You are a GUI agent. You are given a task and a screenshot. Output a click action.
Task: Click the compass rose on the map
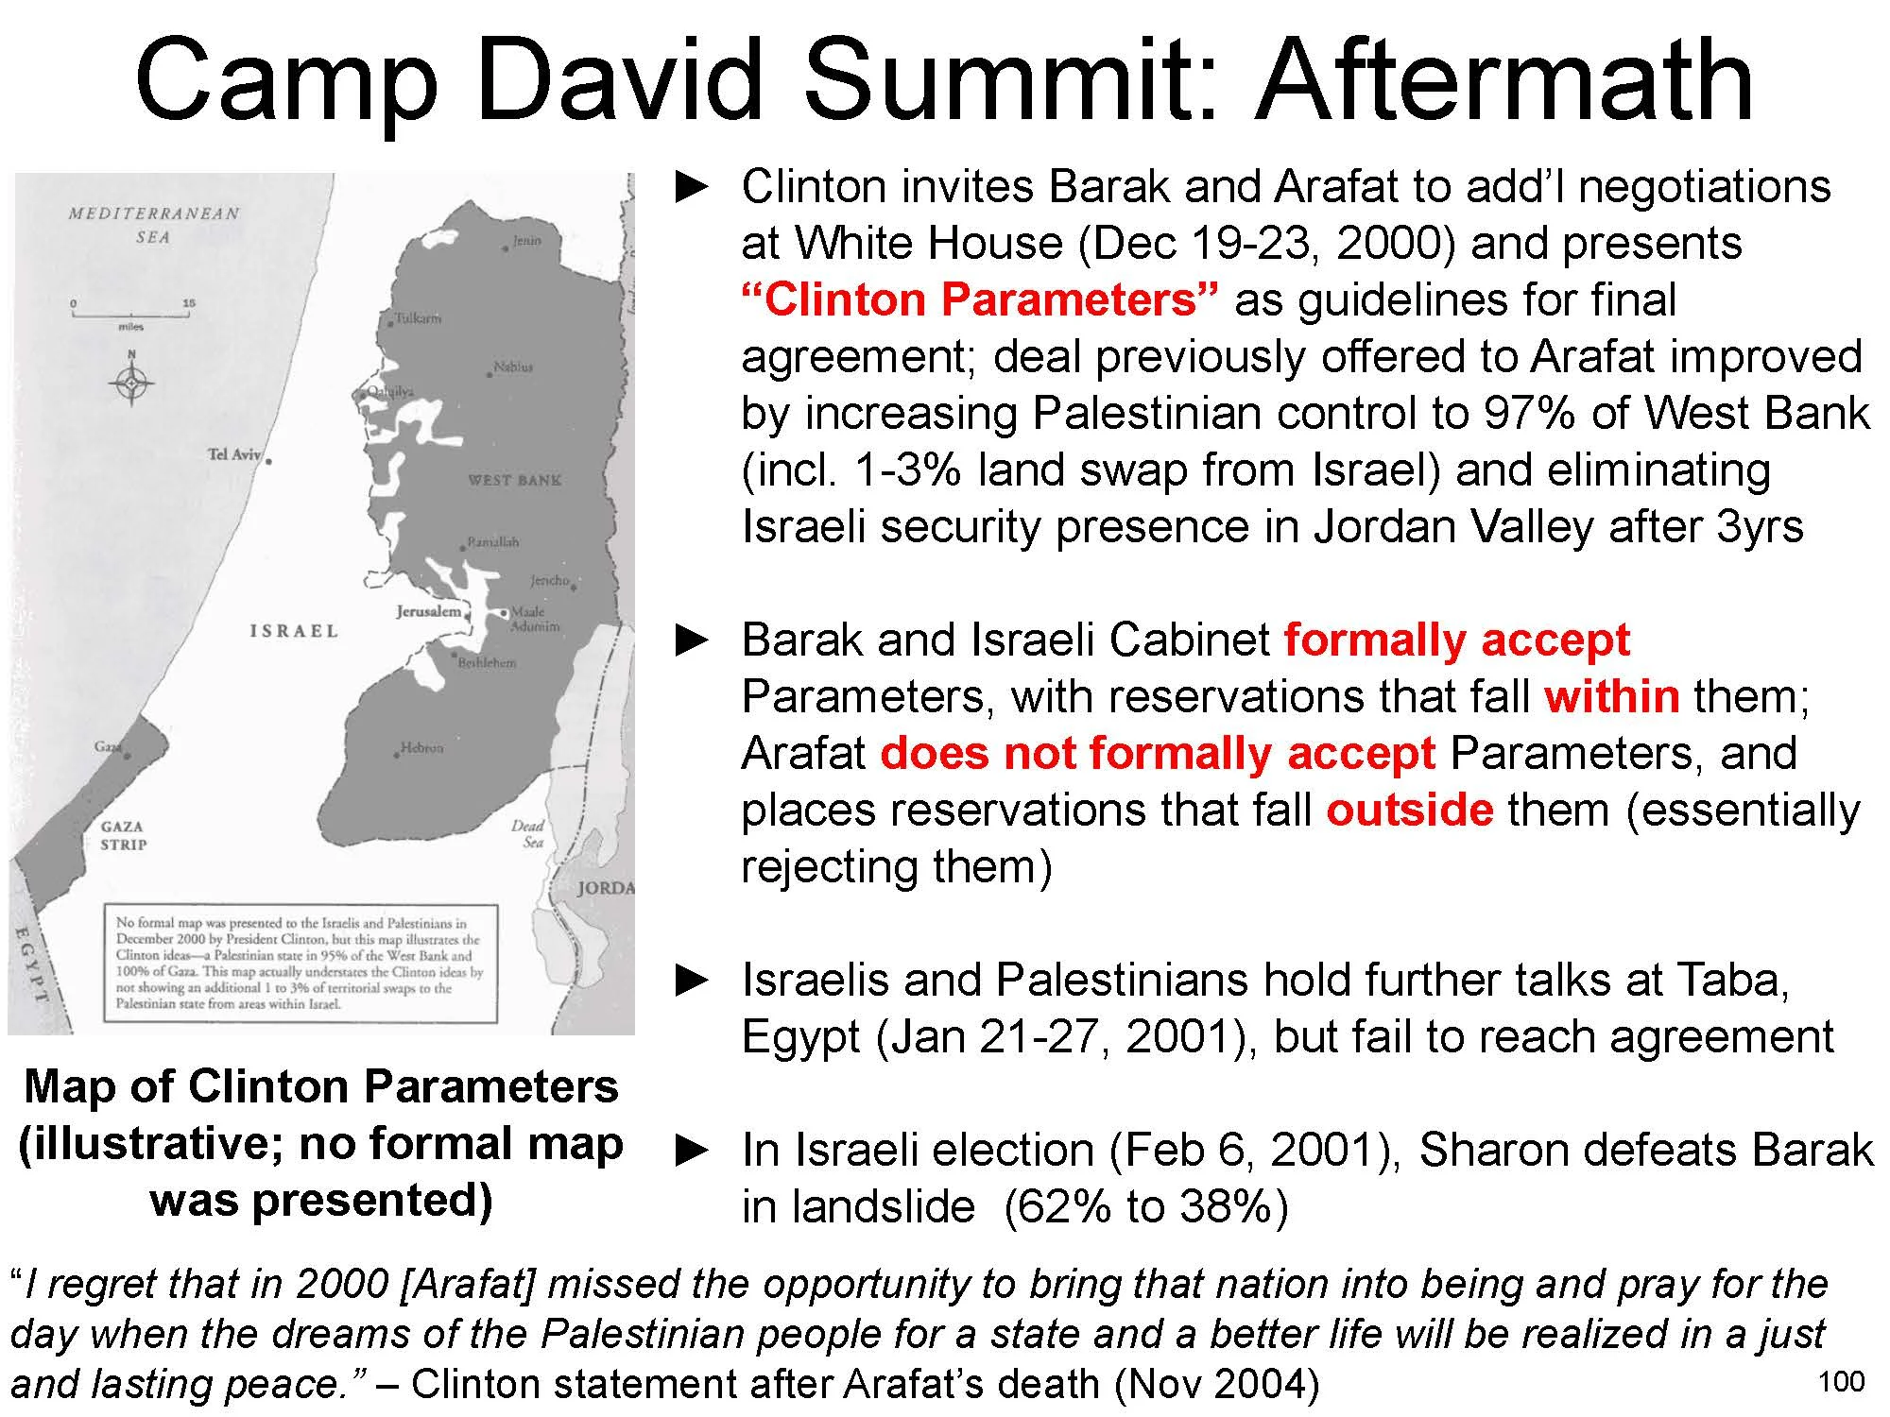coord(131,382)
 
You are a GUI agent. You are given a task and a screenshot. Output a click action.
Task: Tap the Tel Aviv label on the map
coord(233,454)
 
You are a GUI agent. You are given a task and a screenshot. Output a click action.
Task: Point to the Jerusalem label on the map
coord(428,611)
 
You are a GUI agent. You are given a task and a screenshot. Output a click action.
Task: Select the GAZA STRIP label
coord(124,835)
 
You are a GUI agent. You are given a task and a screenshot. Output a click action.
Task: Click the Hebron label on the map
coord(421,747)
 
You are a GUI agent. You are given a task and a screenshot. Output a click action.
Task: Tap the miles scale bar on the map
coord(130,314)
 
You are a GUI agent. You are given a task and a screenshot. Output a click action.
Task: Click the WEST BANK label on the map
coord(514,480)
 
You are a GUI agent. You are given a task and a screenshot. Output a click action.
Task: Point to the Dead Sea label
coord(527,833)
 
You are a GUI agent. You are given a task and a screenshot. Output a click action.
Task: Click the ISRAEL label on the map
coord(293,631)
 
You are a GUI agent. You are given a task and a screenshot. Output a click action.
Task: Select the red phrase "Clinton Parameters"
coord(979,300)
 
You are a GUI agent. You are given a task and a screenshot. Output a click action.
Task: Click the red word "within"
coord(1612,697)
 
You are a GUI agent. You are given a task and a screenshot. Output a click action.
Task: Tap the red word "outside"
coord(1409,811)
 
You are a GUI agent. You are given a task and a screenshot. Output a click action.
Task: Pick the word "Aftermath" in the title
coord(1503,80)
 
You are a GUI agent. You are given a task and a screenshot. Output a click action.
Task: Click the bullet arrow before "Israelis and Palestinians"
coord(693,981)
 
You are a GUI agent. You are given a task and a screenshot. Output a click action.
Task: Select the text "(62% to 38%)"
coord(1145,1207)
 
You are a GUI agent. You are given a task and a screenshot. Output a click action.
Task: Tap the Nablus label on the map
coord(513,367)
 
